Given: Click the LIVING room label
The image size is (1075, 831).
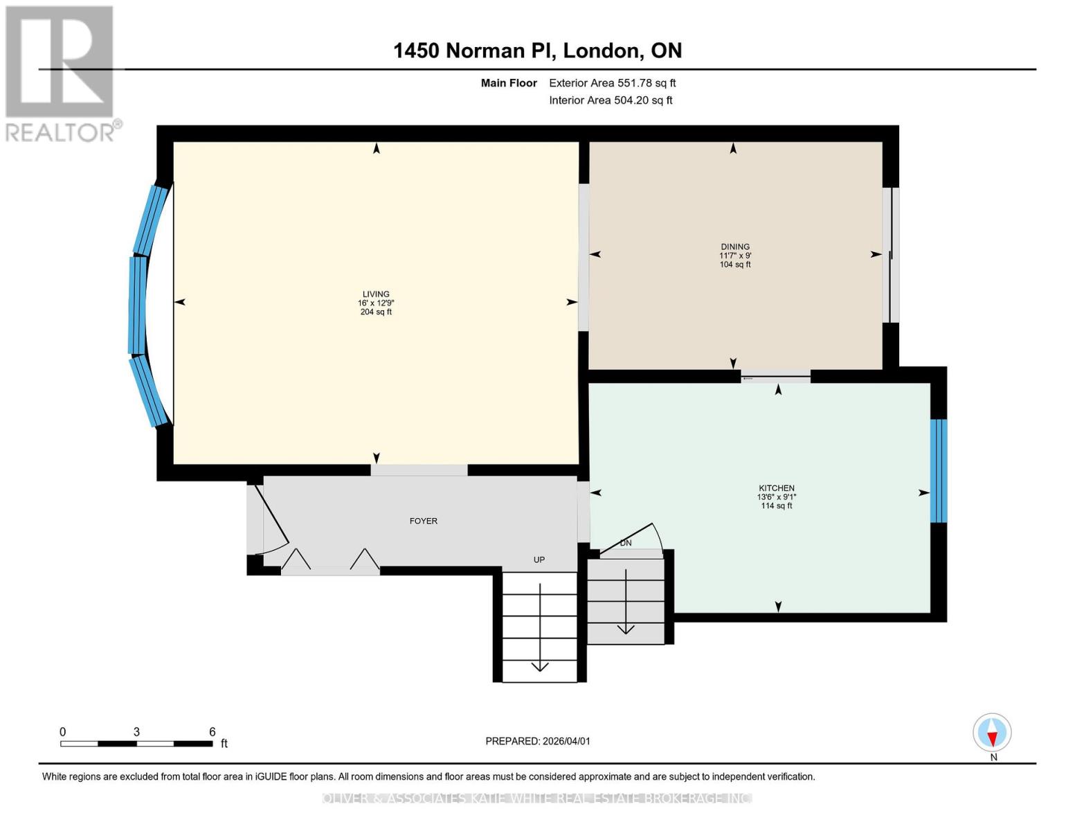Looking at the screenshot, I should pos(376,294).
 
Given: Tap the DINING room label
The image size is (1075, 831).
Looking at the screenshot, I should pos(735,247).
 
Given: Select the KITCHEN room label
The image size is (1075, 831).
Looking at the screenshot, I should pos(776,488).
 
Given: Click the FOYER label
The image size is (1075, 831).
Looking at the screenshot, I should pos(423,521).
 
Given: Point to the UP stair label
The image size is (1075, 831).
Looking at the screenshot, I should pos(539,560).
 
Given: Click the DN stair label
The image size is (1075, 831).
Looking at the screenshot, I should pos(626,543).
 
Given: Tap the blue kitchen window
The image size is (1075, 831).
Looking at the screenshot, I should pos(938,471).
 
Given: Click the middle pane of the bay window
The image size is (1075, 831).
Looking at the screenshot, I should pos(138,305).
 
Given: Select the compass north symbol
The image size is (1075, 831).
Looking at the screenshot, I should pos(992,733).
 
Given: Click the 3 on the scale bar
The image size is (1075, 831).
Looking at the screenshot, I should pos(136,732).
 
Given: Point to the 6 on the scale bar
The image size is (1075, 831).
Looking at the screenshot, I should pos(212,732).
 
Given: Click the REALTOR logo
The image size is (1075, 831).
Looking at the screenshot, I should pos(61,73).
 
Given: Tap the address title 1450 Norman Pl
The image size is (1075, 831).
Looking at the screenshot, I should pos(537,51).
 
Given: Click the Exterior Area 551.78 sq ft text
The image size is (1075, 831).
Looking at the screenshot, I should pos(612,83).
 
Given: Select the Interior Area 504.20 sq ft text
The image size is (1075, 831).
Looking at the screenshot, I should pos(611,100).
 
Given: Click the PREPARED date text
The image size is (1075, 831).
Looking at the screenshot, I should pos(537,741).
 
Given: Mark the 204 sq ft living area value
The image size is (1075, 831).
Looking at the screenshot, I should pos(376,312).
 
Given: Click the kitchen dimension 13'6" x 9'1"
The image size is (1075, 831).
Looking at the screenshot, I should pos(776,497).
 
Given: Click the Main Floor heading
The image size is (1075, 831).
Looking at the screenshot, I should pos(509,83).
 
